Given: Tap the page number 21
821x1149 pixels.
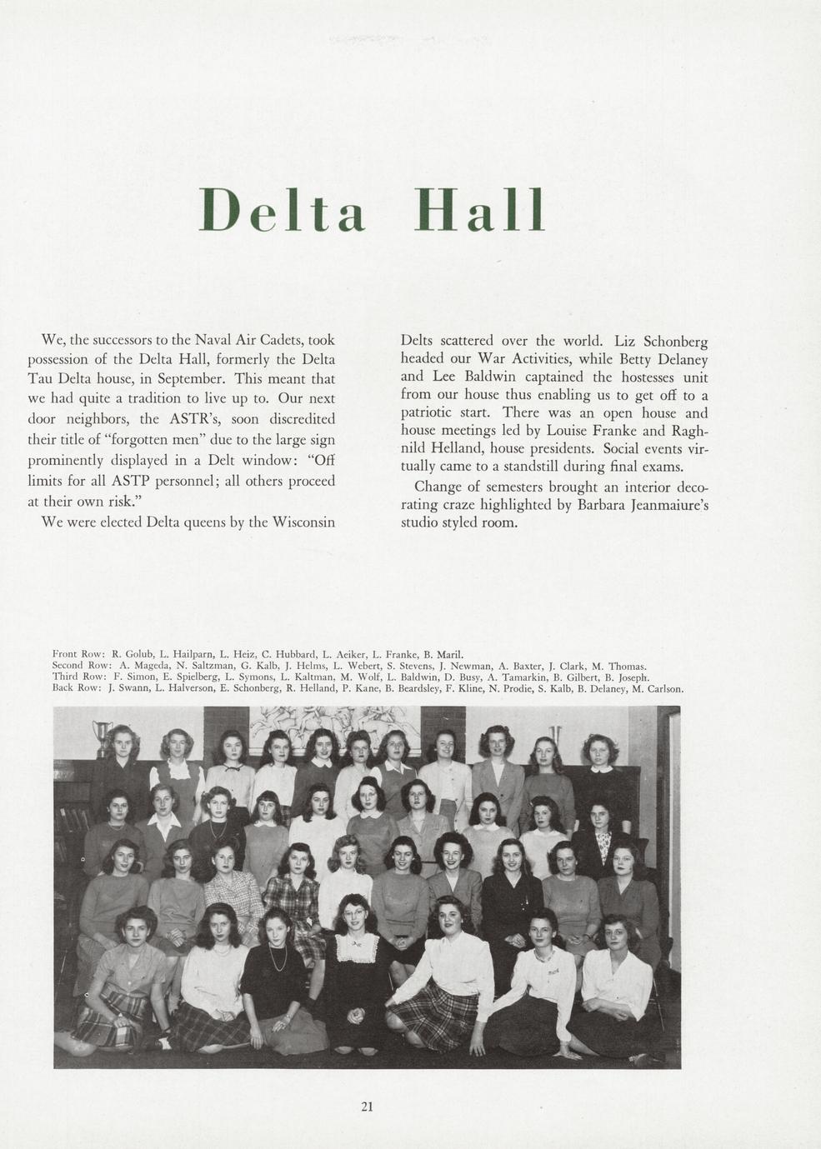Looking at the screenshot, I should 367,1107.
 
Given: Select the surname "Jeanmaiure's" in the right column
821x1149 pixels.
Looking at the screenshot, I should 658,505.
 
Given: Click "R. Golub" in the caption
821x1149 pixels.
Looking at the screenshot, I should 128,654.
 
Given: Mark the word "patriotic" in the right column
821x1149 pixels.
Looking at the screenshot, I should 433,412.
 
